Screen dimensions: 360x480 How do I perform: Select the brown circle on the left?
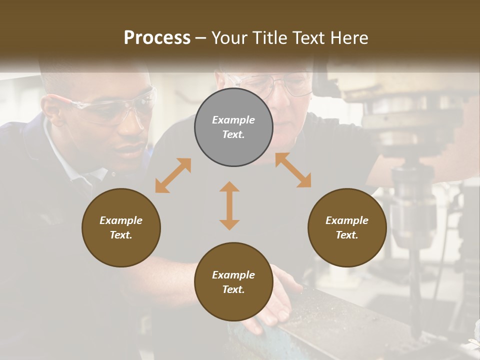pos(121,227)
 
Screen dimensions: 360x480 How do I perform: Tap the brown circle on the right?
pos(347,227)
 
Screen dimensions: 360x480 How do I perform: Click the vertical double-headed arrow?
pos(229,205)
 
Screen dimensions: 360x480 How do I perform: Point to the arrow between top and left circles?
pos(173,175)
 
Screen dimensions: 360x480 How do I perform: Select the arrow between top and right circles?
pos(293,170)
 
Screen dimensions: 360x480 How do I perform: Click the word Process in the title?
pos(157,38)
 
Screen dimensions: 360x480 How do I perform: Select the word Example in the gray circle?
pos(233,120)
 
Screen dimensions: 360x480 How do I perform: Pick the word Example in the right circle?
pos(347,220)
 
